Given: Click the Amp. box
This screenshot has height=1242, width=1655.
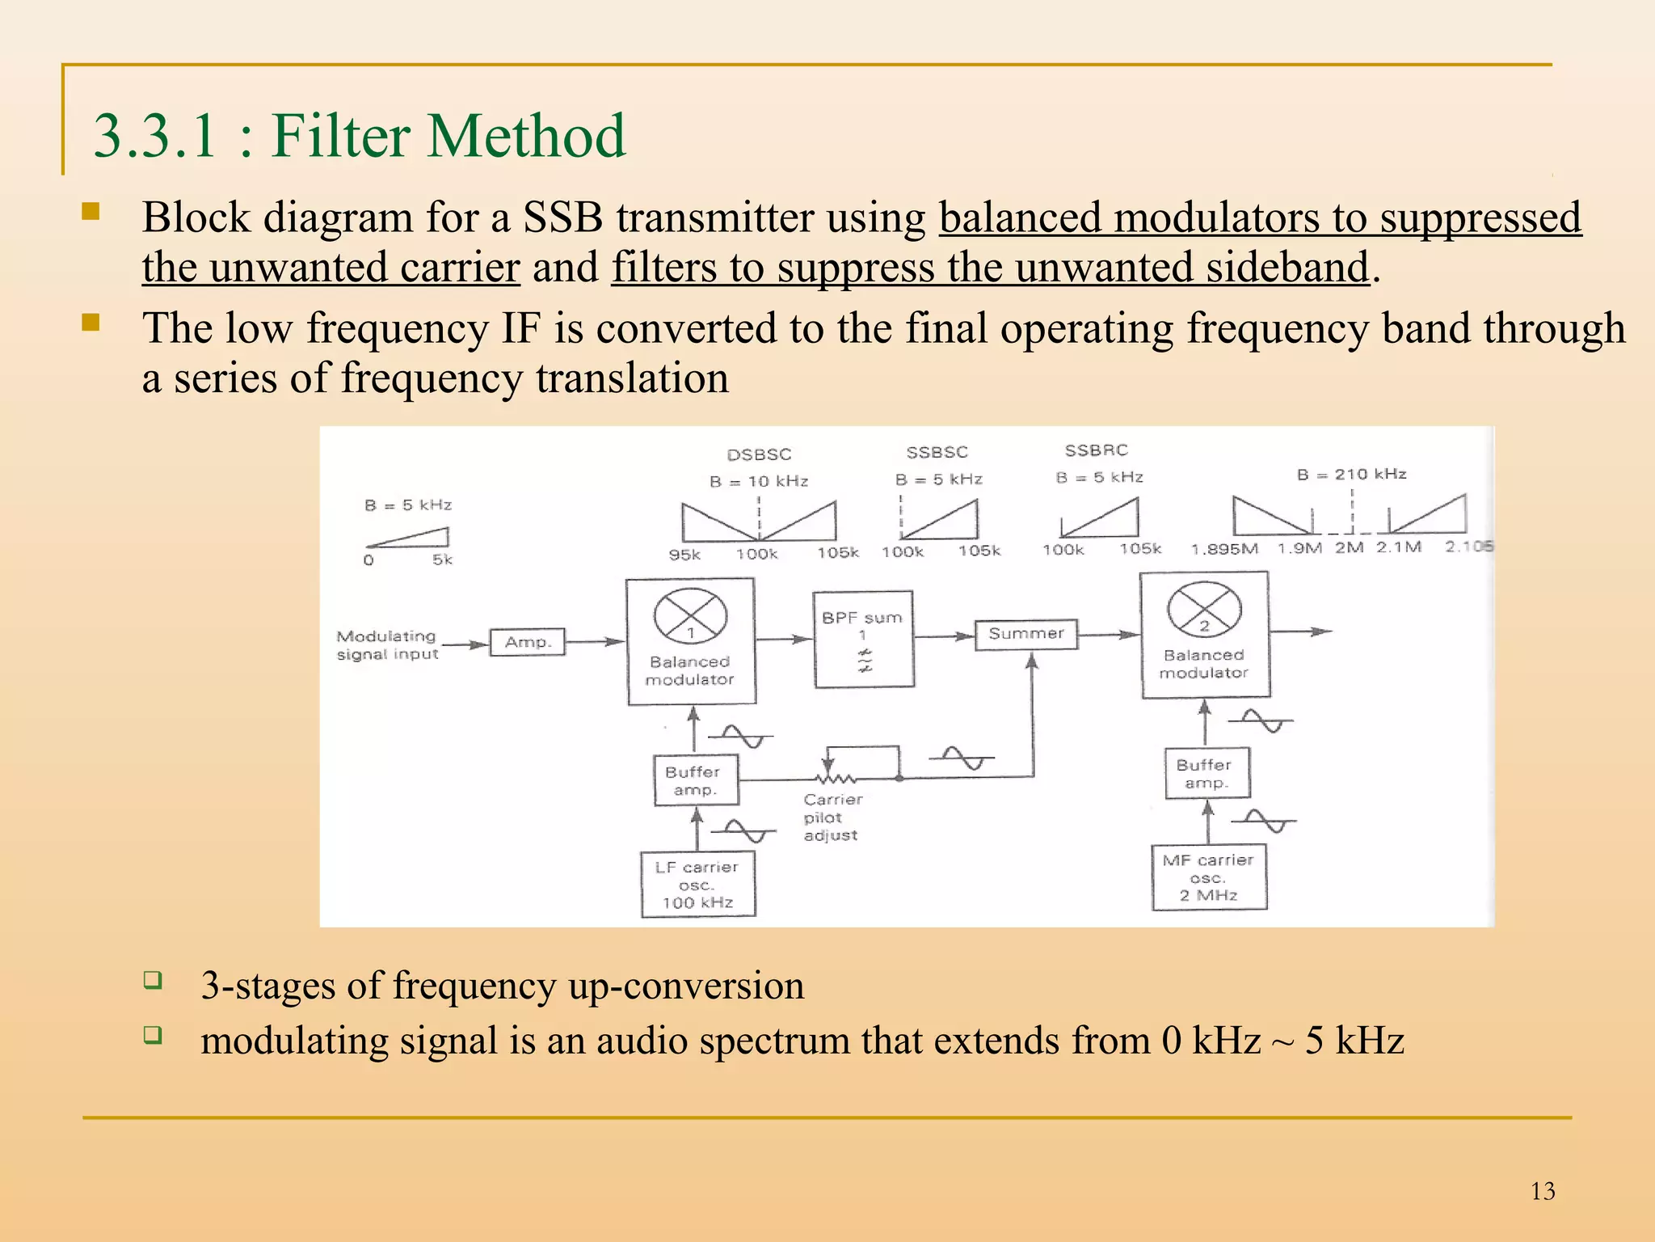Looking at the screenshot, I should click(x=527, y=642).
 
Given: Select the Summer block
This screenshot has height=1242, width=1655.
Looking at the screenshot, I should click(x=1026, y=634).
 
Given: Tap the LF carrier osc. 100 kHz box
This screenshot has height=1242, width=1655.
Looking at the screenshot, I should click(x=698, y=884).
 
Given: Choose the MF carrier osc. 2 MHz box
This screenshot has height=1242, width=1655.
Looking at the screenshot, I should click(x=1208, y=877).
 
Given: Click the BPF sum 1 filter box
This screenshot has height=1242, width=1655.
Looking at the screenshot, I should click(x=863, y=639).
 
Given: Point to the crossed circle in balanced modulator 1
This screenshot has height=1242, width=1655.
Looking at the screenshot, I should click(x=690, y=616).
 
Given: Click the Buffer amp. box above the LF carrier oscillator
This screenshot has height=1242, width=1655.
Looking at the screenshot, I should click(x=695, y=780).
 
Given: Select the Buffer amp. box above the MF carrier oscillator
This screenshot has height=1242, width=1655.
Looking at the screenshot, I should click(x=1207, y=774).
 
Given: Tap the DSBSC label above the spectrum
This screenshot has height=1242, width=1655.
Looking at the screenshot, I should click(x=759, y=454).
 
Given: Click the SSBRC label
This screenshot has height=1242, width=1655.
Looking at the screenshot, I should click(x=1096, y=450).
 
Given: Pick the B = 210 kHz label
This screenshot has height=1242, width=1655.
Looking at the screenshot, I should click(x=1351, y=474).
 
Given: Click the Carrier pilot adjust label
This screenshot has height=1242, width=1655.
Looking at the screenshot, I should click(x=832, y=817).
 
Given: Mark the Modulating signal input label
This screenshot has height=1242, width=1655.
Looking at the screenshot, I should click(x=387, y=645).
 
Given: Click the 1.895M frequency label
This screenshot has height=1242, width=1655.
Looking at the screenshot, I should click(x=1224, y=549).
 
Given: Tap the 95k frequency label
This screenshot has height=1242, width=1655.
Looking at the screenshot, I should click(x=684, y=555).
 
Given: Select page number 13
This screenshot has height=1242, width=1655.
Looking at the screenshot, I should click(x=1542, y=1191).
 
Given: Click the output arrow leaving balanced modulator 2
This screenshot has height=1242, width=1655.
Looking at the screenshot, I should click(x=1301, y=632).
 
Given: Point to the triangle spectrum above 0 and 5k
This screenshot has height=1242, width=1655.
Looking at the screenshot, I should click(x=409, y=538).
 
